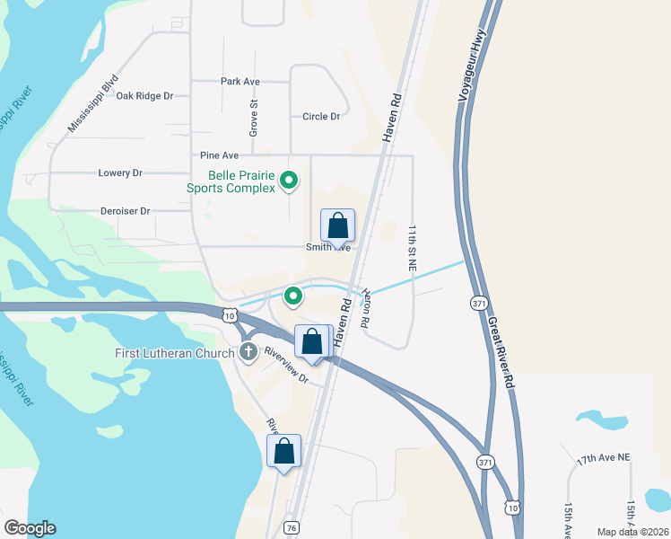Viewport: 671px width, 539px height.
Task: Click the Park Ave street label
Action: pyautogui.click(x=240, y=82)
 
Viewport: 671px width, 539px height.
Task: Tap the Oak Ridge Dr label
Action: pyautogui.click(x=144, y=95)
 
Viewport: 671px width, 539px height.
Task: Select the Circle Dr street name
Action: pyautogui.click(x=321, y=117)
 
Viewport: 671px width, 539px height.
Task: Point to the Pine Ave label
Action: pyautogui.click(x=219, y=155)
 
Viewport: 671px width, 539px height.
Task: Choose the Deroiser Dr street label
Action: pyautogui.click(x=126, y=211)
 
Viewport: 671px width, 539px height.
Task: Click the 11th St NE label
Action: pyautogui.click(x=412, y=248)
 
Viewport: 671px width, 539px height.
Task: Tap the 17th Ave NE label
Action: pyautogui.click(x=604, y=458)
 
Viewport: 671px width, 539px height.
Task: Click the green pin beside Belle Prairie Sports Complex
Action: pyautogui.click(x=289, y=181)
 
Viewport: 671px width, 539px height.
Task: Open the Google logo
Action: pyautogui.click(x=30, y=528)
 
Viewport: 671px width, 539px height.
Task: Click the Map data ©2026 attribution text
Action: pyautogui.click(x=632, y=532)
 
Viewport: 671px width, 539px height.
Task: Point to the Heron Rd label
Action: pyautogui.click(x=367, y=306)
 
